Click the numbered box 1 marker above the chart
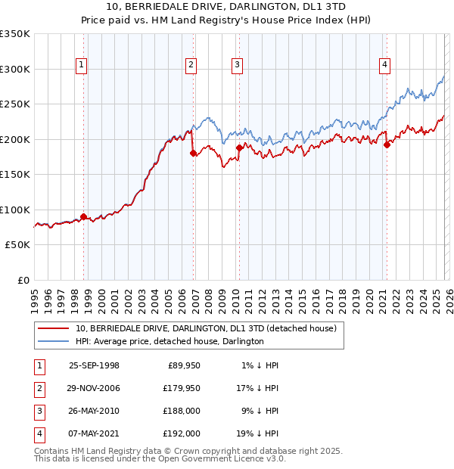(x=80, y=65)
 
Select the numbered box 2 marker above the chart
(x=191, y=65)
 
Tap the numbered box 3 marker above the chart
(x=237, y=65)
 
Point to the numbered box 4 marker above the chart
(x=384, y=65)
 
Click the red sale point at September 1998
(x=83, y=216)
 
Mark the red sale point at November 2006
(x=193, y=153)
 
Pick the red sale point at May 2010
(x=239, y=148)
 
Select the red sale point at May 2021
(x=387, y=144)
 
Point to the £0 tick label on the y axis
(x=23, y=281)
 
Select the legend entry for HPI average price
(x=169, y=341)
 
